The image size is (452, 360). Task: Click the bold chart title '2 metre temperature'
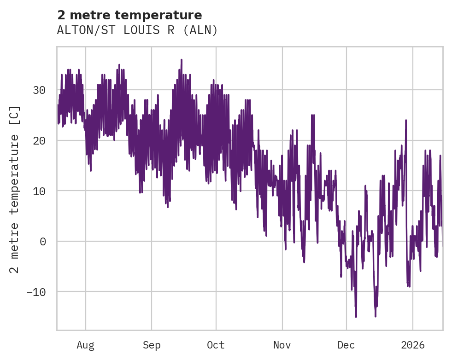coord(129,15)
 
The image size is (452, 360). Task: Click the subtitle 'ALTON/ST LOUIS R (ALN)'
coord(137,30)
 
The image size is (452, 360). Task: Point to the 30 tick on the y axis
coord(39,90)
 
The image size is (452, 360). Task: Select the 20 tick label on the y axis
coord(39,140)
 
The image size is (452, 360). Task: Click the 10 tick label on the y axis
coord(39,191)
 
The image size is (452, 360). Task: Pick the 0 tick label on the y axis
coord(43,241)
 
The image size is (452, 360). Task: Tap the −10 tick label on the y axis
coord(36,291)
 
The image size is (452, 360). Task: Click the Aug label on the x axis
coord(85,345)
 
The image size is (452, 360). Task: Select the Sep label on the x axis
coord(152,345)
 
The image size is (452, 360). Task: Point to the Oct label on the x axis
coord(216,345)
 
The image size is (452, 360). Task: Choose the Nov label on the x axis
coord(282,345)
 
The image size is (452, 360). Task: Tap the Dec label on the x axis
coord(346,345)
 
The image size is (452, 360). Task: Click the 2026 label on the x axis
coord(413,345)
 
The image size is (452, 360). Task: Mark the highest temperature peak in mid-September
coord(182,59)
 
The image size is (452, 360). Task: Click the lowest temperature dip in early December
coord(356,317)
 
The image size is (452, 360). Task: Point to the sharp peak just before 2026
coord(406,120)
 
